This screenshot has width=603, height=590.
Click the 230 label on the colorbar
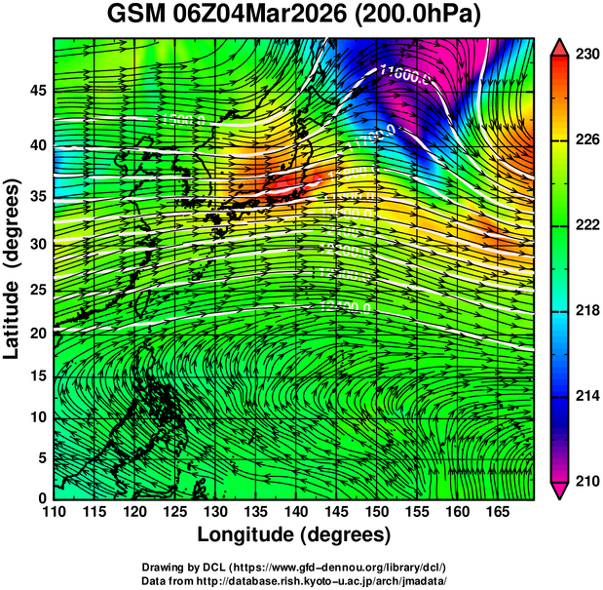pyautogui.click(x=586, y=56)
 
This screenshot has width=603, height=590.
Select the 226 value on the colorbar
pyautogui.click(x=586, y=140)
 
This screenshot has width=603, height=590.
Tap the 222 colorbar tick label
pyautogui.click(x=586, y=225)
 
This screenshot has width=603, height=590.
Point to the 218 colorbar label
pyautogui.click(x=586, y=310)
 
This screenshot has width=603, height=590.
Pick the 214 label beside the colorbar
pyautogui.click(x=586, y=396)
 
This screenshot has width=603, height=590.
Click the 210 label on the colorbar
pyautogui.click(x=586, y=481)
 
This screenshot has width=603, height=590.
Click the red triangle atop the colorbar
pyautogui.click(x=561, y=46)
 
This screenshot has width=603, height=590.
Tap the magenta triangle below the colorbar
pyautogui.click(x=561, y=491)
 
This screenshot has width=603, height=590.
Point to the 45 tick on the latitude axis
pyautogui.click(x=37, y=92)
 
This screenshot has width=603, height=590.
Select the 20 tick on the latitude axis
pyautogui.click(x=37, y=333)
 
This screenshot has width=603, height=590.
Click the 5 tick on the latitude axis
pyautogui.click(x=42, y=457)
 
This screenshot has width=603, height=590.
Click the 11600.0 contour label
pyautogui.click(x=402, y=71)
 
